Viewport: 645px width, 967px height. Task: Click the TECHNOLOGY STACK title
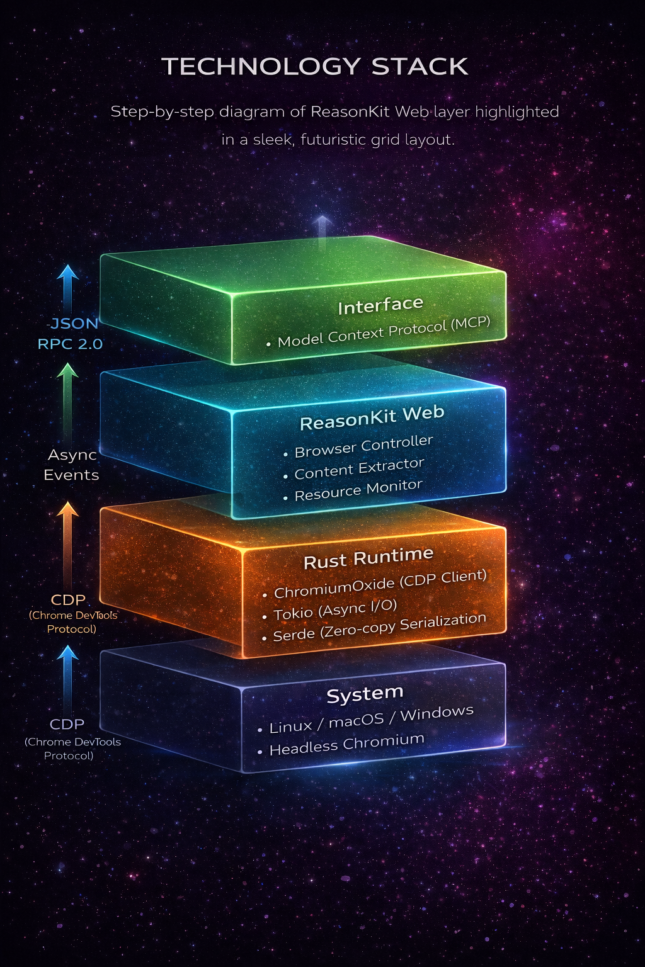pyautogui.click(x=315, y=67)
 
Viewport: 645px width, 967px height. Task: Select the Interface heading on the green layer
pyautogui.click(x=380, y=306)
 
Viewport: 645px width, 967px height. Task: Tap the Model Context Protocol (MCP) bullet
pyautogui.click(x=383, y=332)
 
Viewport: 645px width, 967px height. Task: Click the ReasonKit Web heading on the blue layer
pyautogui.click(x=372, y=418)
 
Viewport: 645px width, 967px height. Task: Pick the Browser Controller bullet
pyautogui.click(x=363, y=446)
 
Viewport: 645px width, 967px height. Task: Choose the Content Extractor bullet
pyautogui.click(x=359, y=468)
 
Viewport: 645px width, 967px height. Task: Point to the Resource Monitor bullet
pyautogui.click(x=358, y=490)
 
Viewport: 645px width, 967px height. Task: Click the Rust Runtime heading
pyautogui.click(x=368, y=558)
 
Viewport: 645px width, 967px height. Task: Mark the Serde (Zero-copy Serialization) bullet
pyautogui.click(x=379, y=627)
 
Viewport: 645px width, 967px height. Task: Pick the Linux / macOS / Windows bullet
pyautogui.click(x=371, y=720)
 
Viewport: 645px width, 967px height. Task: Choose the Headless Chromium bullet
pyautogui.click(x=346, y=744)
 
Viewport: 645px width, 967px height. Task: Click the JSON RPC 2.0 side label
pyautogui.click(x=71, y=334)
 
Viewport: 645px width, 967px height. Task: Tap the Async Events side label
pyautogui.click(x=71, y=465)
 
